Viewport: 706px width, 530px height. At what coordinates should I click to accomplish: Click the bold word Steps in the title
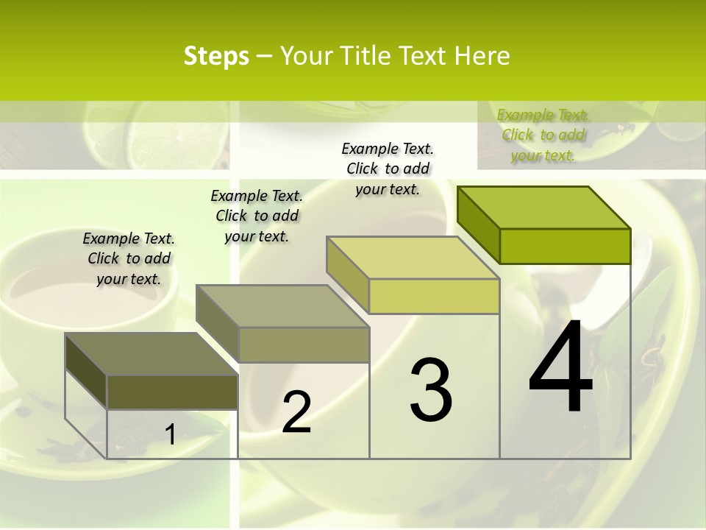216,56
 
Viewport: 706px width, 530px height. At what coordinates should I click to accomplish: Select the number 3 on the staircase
431,390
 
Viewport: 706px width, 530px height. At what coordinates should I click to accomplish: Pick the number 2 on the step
296,412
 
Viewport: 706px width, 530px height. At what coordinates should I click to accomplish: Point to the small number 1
170,434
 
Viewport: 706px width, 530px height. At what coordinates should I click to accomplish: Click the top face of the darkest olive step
151,354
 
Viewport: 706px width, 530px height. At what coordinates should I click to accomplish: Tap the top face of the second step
282,306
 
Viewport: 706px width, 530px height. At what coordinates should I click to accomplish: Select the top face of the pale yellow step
413,258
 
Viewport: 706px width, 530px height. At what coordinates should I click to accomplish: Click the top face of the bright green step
543,208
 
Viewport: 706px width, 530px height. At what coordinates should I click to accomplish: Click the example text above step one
129,258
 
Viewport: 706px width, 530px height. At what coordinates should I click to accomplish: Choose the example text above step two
257,216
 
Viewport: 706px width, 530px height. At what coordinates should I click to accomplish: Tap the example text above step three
388,169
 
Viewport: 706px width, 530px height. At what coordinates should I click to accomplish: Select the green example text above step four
543,135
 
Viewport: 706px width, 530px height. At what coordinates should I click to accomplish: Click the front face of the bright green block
565,246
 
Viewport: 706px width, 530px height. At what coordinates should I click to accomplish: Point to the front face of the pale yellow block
434,296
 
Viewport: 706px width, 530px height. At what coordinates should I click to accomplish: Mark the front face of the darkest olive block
172,392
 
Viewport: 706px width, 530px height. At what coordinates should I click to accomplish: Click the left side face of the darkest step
86,370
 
